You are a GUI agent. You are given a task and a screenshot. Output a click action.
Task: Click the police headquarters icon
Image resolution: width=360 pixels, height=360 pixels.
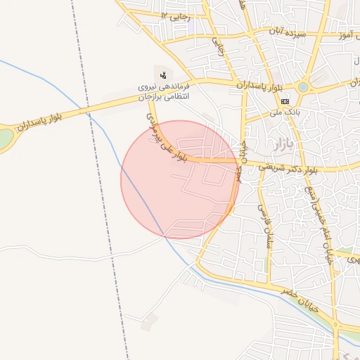click(163, 74)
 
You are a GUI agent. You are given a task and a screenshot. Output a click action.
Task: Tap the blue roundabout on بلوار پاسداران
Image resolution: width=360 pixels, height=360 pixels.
click(303, 87)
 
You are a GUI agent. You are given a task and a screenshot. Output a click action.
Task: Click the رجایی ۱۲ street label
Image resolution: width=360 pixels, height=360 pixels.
click(175, 15)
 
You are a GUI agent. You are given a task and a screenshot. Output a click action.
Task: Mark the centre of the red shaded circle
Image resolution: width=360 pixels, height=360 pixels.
click(180, 179)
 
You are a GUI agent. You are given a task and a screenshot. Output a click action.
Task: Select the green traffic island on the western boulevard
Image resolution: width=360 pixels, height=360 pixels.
click(4, 137)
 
